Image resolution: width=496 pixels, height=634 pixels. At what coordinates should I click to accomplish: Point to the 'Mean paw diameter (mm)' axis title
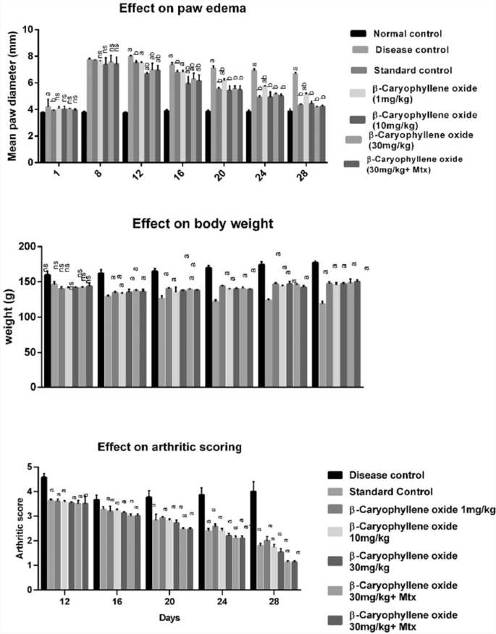click(x=9, y=96)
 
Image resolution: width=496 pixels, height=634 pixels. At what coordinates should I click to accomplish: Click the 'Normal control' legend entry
click(x=407, y=33)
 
